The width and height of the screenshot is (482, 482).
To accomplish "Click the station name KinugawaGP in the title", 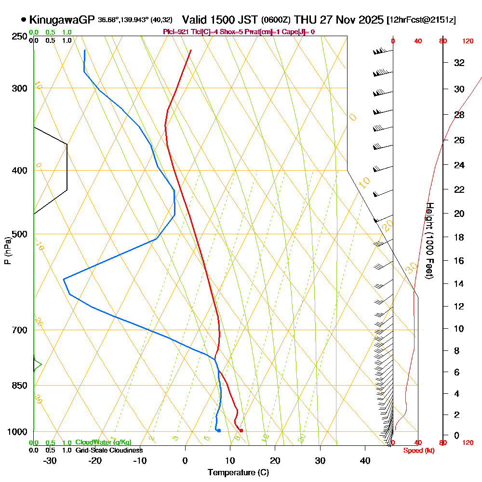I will click(62, 20).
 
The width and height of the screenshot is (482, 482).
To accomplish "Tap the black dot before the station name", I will click(24, 20).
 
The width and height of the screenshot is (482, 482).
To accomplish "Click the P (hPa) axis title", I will click(7, 250).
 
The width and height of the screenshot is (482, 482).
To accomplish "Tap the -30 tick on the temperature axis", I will click(50, 461).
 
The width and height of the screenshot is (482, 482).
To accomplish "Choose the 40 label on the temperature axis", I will click(365, 461).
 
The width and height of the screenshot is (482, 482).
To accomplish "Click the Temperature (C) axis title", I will click(238, 472).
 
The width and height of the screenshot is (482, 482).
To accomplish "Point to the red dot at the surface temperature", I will click(241, 430).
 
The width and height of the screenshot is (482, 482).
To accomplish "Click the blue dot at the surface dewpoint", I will click(219, 430).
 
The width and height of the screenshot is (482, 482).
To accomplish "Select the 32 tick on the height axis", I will click(459, 63).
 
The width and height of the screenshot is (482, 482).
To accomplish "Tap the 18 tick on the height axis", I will click(459, 237).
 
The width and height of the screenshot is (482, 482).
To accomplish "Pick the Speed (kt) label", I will click(417, 450).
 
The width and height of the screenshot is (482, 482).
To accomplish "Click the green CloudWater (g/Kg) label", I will click(103, 442).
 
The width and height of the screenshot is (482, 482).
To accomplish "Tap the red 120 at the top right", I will click(468, 41).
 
